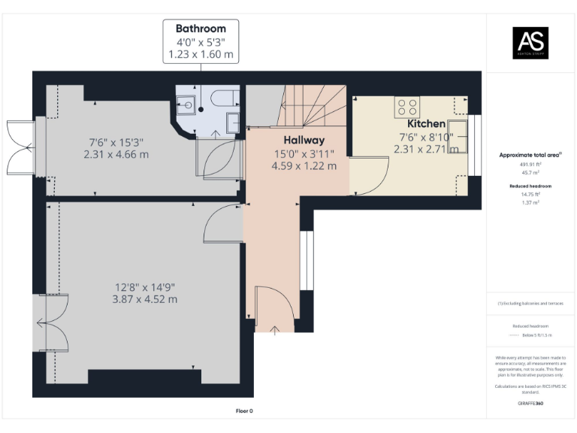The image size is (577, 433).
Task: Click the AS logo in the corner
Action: [530, 41]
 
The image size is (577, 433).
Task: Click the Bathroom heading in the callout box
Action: [201, 29]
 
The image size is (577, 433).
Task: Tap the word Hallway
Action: [304, 140]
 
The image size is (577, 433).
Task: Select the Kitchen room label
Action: [426, 123]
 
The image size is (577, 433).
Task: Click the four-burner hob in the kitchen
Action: [408, 107]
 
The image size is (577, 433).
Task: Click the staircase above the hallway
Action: [312, 105]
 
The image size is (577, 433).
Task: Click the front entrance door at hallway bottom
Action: [275, 308]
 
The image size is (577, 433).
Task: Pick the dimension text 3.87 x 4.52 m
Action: [146, 299]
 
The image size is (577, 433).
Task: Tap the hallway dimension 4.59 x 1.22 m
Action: [304, 165]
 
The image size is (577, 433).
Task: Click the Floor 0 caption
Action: [244, 410]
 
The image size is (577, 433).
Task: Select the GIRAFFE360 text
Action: [530, 404]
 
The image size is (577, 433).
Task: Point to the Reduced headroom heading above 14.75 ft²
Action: [530, 185]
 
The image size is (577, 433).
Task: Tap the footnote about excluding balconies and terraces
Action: [530, 303]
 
